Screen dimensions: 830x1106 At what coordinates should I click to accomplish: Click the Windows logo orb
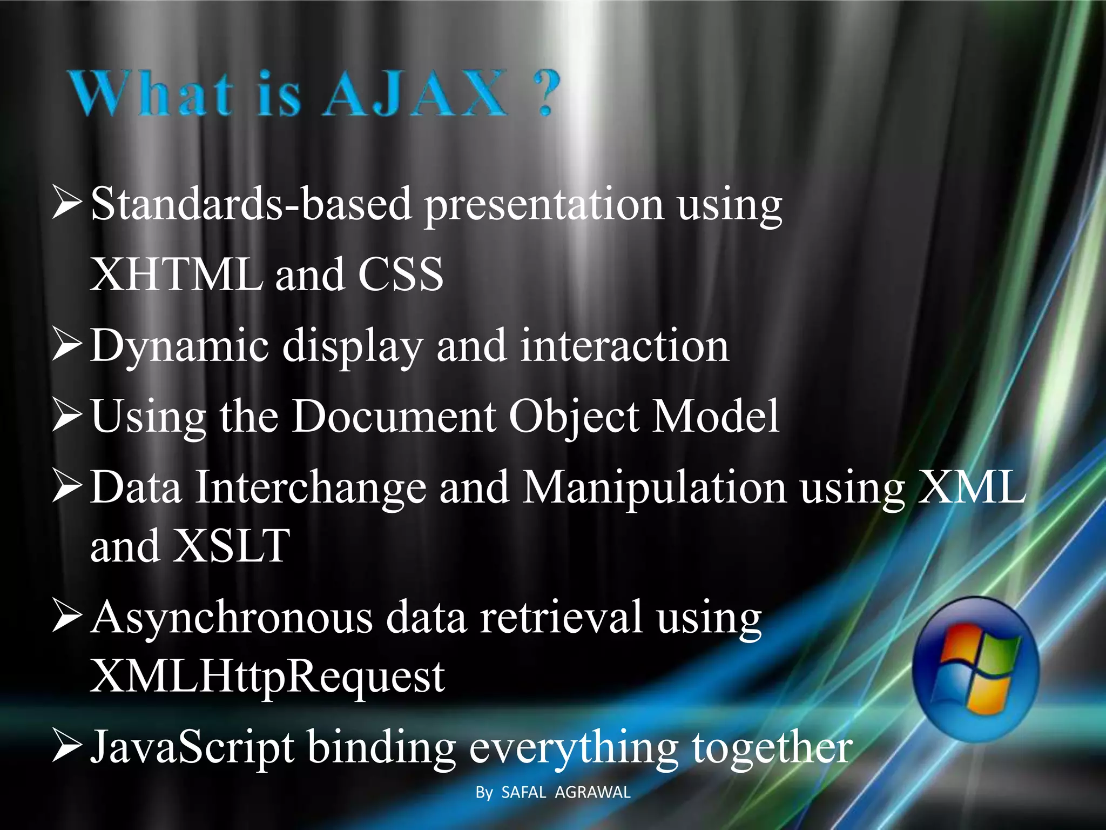click(975, 669)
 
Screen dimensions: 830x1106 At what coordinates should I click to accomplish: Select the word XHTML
click(176, 275)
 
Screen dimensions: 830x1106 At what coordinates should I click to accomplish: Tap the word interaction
click(625, 346)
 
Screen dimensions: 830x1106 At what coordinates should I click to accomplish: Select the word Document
click(394, 416)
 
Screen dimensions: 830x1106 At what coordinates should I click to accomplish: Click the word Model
click(716, 416)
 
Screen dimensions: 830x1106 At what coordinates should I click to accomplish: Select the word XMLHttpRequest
click(267, 677)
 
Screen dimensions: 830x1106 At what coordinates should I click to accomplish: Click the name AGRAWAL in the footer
click(592, 793)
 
